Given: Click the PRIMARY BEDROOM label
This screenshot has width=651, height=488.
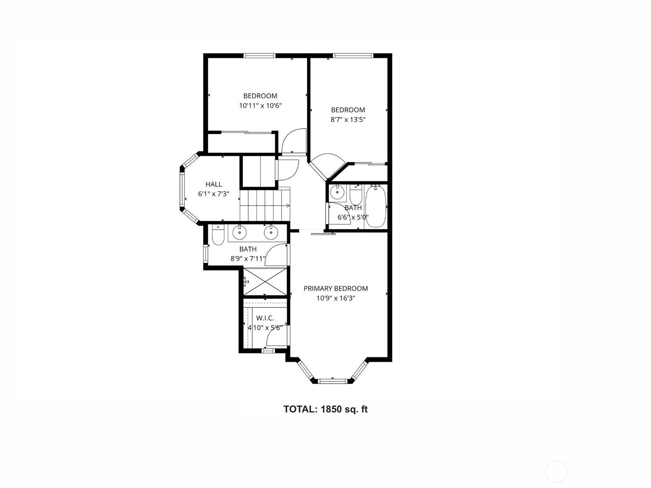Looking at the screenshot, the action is click(335, 288).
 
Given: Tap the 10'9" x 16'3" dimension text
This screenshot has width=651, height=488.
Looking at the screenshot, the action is click(335, 298).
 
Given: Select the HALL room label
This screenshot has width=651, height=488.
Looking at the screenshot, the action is click(214, 184).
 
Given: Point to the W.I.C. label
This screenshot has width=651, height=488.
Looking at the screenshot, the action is click(265, 318).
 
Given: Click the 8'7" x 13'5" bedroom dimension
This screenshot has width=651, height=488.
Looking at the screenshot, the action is click(348, 120).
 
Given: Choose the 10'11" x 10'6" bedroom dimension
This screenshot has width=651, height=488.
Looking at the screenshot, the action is click(260, 105).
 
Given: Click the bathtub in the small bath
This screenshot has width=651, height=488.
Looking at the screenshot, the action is click(376, 206).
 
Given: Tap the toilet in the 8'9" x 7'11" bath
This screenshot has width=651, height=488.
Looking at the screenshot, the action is click(218, 235).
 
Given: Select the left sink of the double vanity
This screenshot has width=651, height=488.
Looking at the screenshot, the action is click(239, 232).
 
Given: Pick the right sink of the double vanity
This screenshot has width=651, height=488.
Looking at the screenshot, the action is click(271, 232).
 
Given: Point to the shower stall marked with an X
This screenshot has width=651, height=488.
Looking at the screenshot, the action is click(265, 281).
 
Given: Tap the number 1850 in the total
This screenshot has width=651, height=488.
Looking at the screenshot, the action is click(331, 409).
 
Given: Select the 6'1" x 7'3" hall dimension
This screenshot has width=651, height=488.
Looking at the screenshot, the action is click(214, 194).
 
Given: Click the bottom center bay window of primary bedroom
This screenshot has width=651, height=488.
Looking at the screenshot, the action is click(332, 381).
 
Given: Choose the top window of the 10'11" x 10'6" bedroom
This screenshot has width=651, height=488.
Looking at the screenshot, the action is click(260, 55).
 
